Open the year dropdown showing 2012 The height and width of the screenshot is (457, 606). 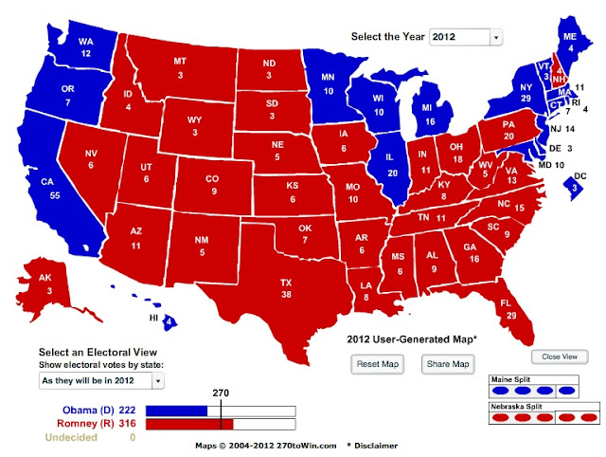coord(465,37)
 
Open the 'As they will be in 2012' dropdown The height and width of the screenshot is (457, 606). coord(101,380)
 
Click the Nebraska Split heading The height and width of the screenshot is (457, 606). coord(517,405)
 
